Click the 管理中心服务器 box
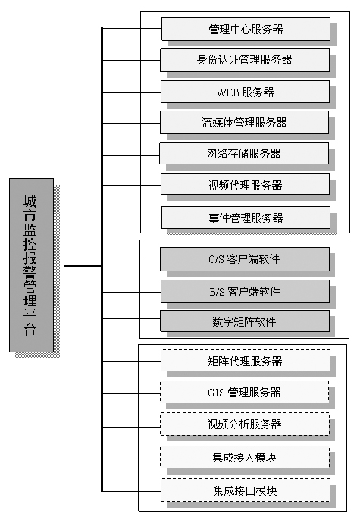pyautogui.click(x=246, y=29)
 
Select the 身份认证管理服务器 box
pyautogui.click(x=245, y=60)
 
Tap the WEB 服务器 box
pyautogui.click(x=245, y=92)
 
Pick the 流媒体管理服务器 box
pyautogui.click(x=244, y=122)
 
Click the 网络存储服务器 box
pyautogui.click(x=244, y=153)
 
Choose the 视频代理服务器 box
pyautogui.click(x=245, y=184)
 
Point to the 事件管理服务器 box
pyautogui.click(x=246, y=218)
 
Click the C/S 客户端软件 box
pyautogui.click(x=245, y=259)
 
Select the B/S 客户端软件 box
pyautogui.click(x=245, y=292)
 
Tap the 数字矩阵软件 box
pyautogui.click(x=245, y=321)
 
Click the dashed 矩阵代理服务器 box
pyautogui.click(x=246, y=361)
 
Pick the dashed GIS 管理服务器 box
pyautogui.click(x=245, y=392)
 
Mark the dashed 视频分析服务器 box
pyautogui.click(x=245, y=424)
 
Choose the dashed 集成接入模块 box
pyautogui.click(x=245, y=457)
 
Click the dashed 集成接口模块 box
pyautogui.click(x=246, y=490)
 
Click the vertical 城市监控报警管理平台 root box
pyautogui.click(x=32, y=265)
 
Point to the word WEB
pyautogui.click(x=227, y=92)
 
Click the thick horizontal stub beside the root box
pyautogui.click(x=83, y=265)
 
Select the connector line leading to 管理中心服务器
pyautogui.click(x=132, y=29)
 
